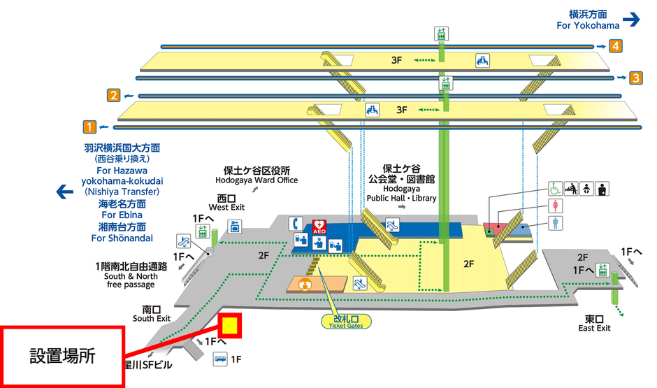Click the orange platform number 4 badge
point(615,47)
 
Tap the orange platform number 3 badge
point(635,78)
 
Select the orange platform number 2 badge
point(113,96)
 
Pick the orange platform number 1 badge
point(89,127)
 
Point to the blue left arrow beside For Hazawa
point(65,191)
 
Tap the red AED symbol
point(319,227)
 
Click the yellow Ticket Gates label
point(346,322)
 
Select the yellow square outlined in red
point(230,326)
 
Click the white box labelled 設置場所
point(62,356)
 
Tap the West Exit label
point(227,203)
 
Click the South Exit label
point(152,314)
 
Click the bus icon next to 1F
point(220,359)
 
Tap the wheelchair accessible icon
point(554,189)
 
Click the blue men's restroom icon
point(555,222)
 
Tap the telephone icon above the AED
point(296,223)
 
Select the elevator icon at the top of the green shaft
point(441,34)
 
